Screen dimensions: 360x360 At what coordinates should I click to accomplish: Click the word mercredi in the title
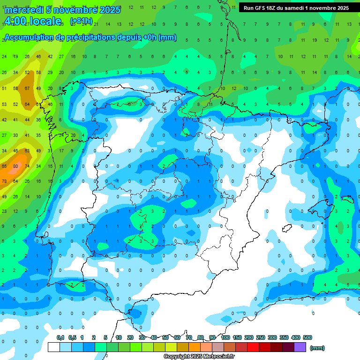(23, 10)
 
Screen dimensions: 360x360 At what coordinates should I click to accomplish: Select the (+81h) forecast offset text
(81, 21)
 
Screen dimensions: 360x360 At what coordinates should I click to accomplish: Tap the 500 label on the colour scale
(307, 337)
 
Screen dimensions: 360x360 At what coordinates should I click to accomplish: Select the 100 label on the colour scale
(225, 337)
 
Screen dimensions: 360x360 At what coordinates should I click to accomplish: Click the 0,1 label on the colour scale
(60, 337)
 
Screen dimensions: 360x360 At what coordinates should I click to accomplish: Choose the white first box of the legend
(54, 347)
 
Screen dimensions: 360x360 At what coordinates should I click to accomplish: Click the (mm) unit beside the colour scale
(317, 348)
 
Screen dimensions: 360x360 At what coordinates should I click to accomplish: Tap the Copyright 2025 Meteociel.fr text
(199, 356)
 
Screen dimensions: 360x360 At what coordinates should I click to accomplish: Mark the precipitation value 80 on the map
(15, 166)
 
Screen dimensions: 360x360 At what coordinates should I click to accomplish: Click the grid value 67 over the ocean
(28, 88)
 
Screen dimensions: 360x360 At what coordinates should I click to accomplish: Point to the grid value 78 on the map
(4, 181)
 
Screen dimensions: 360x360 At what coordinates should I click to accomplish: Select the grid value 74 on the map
(27, 166)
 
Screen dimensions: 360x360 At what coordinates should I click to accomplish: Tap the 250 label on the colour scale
(261, 337)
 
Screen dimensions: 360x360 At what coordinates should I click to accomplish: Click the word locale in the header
(45, 21)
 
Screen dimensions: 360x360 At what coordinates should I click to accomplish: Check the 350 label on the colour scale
(284, 337)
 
